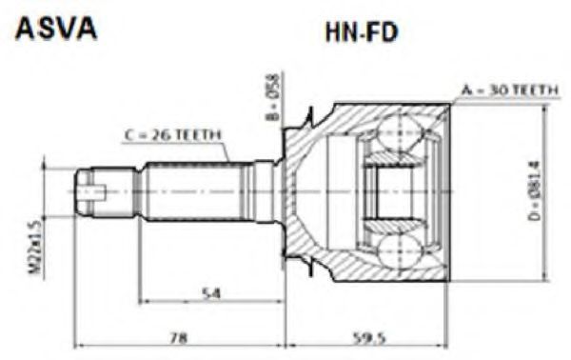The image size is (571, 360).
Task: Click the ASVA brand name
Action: coord(56,29)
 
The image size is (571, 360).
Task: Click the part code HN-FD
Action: coord(362,32)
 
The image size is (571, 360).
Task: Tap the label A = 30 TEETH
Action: coord(510,90)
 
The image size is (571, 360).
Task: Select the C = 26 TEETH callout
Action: coord(173,135)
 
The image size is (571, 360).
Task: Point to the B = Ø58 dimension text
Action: coord(273,97)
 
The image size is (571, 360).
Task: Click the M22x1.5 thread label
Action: coord(35,248)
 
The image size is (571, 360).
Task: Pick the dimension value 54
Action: coord(211,293)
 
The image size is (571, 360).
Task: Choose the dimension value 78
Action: coord(179,338)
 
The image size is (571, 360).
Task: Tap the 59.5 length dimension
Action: coord(369,338)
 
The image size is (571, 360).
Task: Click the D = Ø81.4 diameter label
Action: coord(535,190)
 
